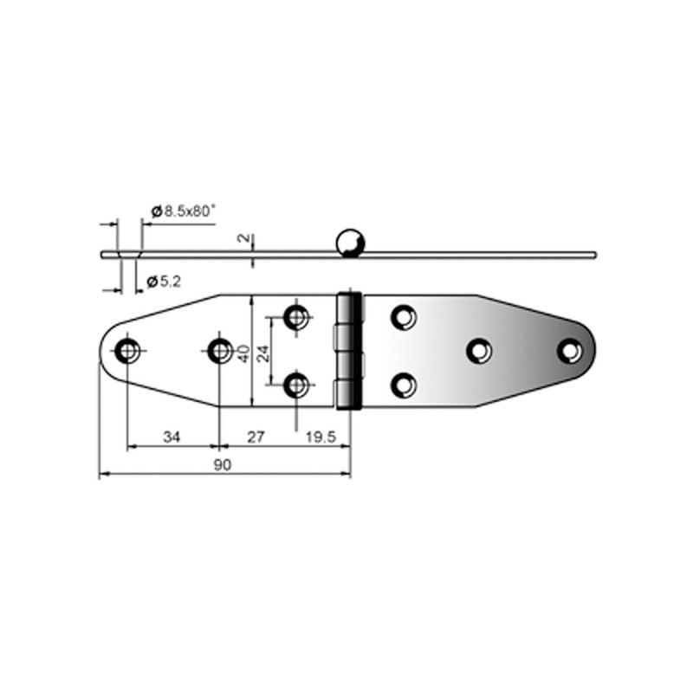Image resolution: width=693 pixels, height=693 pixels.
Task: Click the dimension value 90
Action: [x=223, y=465]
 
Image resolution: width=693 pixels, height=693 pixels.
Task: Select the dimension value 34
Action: [x=172, y=437]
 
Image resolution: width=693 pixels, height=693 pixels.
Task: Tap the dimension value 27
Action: [x=256, y=437]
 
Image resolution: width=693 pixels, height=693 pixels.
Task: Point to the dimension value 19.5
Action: [x=321, y=437]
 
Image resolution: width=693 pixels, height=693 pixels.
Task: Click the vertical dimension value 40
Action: [x=243, y=353]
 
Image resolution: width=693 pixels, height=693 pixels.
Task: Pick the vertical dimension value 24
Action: [x=263, y=353]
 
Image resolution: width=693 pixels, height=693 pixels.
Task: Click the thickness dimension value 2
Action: [x=243, y=238]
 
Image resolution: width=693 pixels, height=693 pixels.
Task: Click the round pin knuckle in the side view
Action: [x=351, y=243]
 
